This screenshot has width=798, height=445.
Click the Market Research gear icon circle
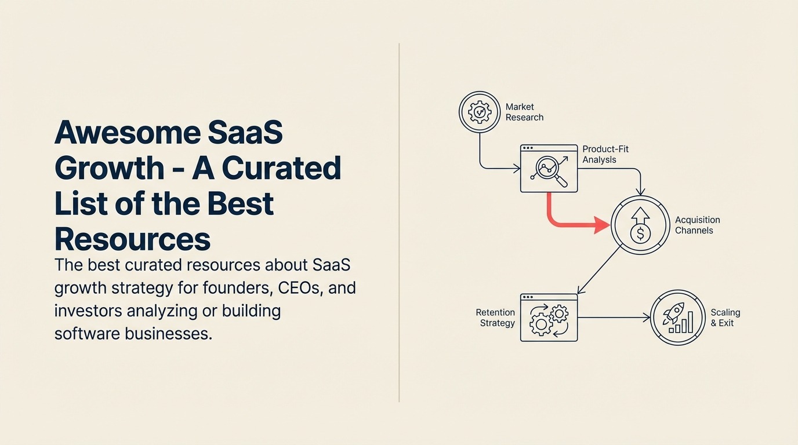479,112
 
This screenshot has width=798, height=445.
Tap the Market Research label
524,112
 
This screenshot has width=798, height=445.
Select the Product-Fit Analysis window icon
549,168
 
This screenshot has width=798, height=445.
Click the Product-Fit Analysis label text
605,154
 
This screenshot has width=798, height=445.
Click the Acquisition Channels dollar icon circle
640,225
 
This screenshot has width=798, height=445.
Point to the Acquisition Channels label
697,225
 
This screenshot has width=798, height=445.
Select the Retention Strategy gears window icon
549,317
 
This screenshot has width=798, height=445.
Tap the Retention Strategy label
495,318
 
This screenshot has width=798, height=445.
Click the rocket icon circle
677,318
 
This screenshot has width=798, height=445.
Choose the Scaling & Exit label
725,318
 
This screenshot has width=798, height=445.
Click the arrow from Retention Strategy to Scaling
614,318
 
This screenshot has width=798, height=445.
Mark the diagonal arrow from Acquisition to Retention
600,269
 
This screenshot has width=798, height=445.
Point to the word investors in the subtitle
87,311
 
